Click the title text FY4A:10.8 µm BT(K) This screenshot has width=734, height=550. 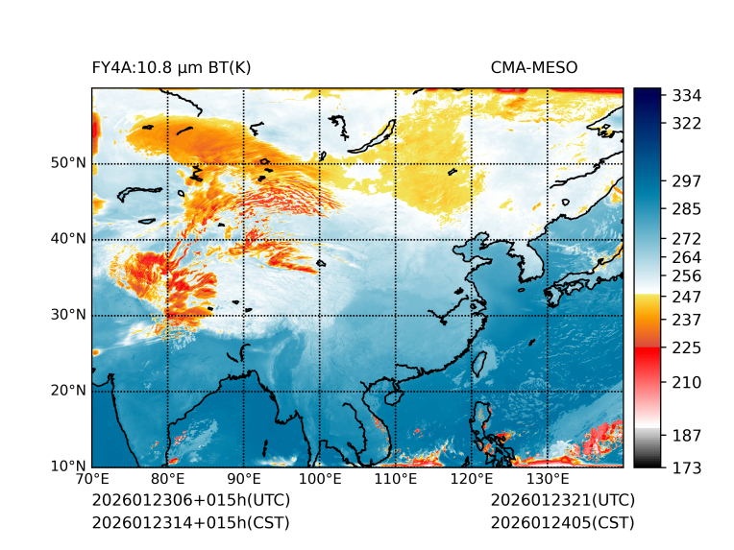point(171,67)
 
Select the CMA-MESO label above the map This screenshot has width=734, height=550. point(533,67)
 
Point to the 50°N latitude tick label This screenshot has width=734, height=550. point(67,163)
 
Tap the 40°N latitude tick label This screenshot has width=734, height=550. point(67,239)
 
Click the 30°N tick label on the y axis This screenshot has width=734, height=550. point(67,315)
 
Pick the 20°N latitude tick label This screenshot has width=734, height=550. point(67,391)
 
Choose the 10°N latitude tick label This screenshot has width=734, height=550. point(67,467)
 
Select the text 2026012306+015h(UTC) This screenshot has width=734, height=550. point(190,500)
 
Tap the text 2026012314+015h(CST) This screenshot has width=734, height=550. point(190,522)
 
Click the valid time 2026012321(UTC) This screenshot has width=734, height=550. point(562,500)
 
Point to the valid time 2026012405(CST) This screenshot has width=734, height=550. point(562,522)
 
